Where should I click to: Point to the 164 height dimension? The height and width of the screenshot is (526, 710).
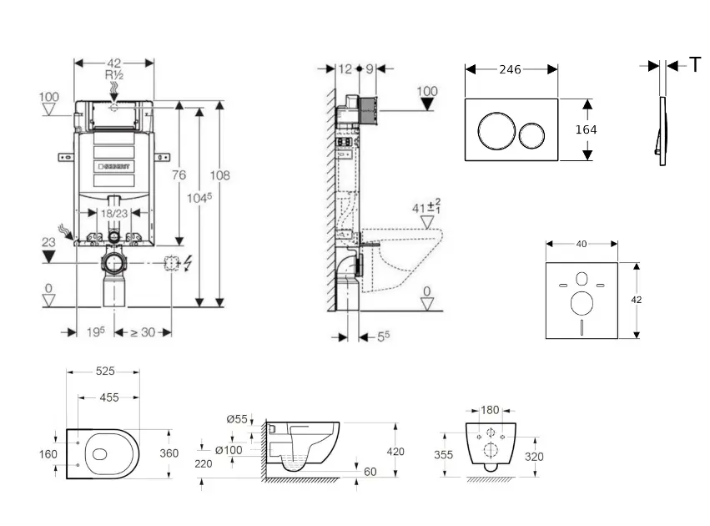587,129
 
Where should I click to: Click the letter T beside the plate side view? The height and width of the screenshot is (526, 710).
695,65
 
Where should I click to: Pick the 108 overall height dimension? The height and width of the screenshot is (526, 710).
219,175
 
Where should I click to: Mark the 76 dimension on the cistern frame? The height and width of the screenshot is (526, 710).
179,174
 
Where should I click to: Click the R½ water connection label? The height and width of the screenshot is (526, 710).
114,75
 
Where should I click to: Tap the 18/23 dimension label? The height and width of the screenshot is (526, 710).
115,214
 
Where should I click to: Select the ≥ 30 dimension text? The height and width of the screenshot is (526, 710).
144,332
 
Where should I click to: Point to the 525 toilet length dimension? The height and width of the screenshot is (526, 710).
105,372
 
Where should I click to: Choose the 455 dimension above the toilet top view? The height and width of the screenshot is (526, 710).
109,398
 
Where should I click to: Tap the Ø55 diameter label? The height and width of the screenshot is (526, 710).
237,419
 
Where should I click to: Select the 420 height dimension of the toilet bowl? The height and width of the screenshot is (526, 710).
395,452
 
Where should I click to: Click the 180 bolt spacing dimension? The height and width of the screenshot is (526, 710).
491,410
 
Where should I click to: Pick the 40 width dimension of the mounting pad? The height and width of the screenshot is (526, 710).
581,244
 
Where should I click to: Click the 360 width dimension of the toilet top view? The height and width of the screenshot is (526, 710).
170,453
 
